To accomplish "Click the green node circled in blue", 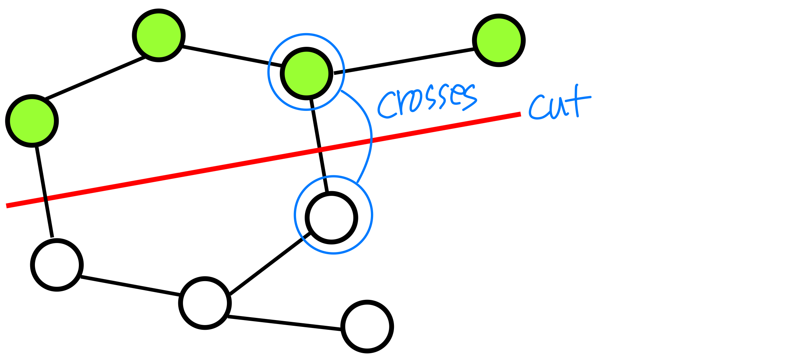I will coord(306,73).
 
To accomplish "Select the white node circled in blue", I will coord(331,217).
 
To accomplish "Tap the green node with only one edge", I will coord(499,40).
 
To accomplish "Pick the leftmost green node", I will coord(32,121).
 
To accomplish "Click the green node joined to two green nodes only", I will coord(159,35).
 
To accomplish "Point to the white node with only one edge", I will coord(367,327).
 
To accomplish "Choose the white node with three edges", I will coord(205,303).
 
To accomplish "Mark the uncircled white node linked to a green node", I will coord(57,265).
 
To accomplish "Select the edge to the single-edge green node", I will coord(403,62).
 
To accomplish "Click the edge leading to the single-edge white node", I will coord(284,323).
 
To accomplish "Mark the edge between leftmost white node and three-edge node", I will coord(130,287).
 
